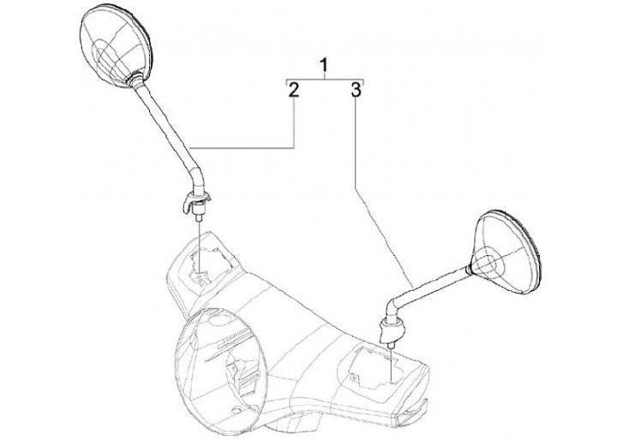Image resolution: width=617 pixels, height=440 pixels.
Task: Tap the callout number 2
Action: (293, 90)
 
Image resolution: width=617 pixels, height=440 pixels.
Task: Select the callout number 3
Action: (356, 90)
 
